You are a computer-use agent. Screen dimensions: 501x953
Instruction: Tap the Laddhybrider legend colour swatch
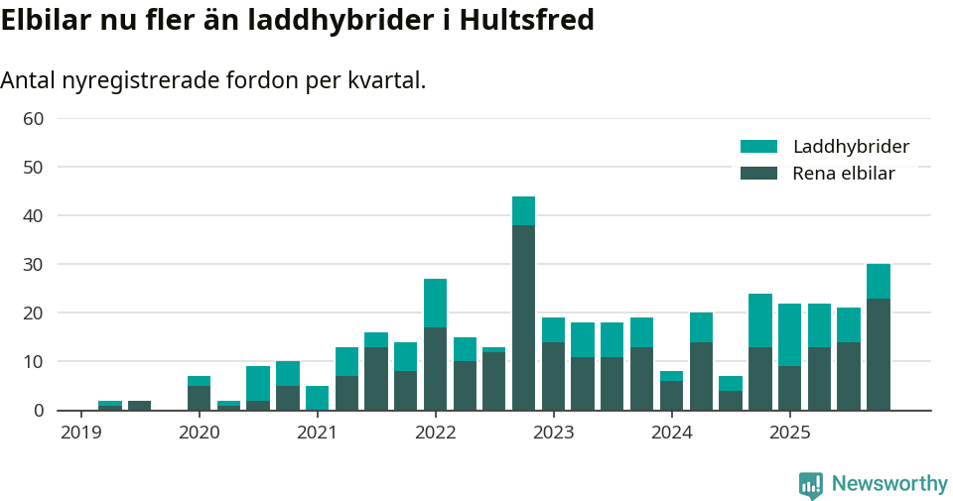[758, 147]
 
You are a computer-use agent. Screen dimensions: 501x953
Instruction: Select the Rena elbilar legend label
[843, 174]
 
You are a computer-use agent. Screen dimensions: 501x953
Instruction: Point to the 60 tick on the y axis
[33, 119]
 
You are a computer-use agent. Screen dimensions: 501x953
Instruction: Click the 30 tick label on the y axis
[33, 265]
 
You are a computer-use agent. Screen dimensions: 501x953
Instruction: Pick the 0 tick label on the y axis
[39, 411]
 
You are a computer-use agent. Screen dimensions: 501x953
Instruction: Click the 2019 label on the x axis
[80, 433]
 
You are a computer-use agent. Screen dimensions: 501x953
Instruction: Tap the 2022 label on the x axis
[435, 433]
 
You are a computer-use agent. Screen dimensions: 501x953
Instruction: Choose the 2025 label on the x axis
[789, 433]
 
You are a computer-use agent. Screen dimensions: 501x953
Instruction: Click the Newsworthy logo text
[889, 484]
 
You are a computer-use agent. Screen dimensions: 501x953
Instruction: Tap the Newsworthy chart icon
[811, 485]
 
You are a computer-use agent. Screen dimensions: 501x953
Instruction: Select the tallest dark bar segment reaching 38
[523, 317]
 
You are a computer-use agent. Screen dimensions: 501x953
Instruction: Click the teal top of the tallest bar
[523, 210]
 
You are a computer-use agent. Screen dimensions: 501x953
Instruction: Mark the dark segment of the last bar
[878, 354]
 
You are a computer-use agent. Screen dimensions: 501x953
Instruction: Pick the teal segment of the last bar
[878, 281]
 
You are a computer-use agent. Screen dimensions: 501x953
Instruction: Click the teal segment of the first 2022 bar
[435, 303]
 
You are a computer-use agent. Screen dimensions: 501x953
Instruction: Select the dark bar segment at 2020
[199, 398]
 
